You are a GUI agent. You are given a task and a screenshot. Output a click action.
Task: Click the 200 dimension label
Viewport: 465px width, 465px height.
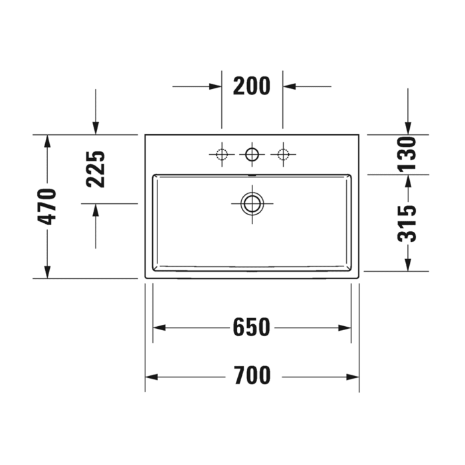tap(252, 86)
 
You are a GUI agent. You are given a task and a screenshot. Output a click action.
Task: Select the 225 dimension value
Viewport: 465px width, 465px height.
tap(96, 169)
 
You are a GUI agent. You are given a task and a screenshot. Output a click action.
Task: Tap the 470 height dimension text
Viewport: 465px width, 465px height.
tap(47, 207)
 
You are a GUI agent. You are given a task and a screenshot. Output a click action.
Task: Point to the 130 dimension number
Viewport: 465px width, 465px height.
tap(408, 154)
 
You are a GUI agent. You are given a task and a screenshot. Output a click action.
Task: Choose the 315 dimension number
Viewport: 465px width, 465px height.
tap(408, 223)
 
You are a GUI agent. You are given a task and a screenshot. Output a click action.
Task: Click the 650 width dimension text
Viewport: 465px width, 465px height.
tap(252, 327)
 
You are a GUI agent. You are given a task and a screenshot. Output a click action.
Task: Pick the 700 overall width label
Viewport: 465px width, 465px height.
tap(252, 377)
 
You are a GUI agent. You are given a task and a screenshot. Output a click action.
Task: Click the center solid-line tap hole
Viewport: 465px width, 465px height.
tap(252, 155)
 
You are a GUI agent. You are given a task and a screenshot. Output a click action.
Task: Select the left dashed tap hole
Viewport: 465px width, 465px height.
tap(221, 155)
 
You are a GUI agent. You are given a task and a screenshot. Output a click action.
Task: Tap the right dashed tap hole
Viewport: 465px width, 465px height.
tap(283, 155)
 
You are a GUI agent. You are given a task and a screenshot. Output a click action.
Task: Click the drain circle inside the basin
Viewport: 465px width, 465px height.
tap(252, 203)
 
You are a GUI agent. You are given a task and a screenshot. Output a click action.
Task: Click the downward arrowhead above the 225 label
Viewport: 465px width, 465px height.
tap(96, 128)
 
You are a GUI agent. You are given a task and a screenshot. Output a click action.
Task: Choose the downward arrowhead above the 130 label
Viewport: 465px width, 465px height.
tap(408, 128)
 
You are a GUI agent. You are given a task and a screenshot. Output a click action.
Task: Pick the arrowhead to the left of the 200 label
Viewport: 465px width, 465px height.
tap(215, 86)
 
